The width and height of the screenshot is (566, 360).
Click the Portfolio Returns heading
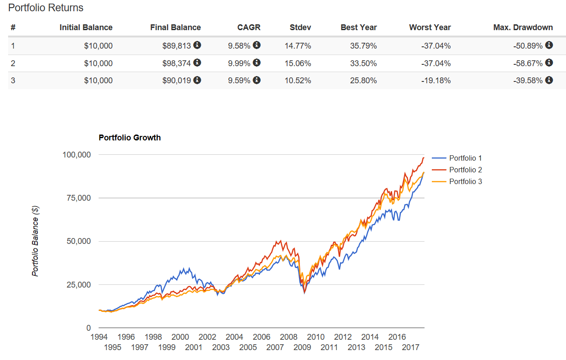46,8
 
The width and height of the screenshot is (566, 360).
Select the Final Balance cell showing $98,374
177,63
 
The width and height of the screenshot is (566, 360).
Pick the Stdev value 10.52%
298,81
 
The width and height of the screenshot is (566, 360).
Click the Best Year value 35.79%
364,45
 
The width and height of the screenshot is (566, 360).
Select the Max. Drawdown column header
523,27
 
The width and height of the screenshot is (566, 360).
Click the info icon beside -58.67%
548,63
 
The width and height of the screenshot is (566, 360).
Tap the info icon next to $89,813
197,45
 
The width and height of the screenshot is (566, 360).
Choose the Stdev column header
300,27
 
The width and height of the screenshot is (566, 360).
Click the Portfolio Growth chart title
130,138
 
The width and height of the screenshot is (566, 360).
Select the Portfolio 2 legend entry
466,170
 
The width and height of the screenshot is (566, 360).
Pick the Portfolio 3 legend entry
466,181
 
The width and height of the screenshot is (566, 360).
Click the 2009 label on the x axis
302,347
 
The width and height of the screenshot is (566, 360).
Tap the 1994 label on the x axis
99,337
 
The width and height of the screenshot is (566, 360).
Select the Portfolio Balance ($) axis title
36,241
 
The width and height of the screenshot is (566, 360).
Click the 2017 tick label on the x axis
411,347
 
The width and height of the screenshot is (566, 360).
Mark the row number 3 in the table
13,81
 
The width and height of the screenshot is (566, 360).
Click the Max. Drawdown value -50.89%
528,45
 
